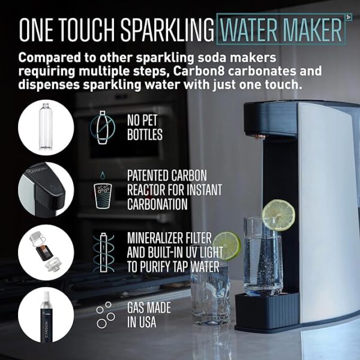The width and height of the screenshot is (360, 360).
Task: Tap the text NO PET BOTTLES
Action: point(145,127)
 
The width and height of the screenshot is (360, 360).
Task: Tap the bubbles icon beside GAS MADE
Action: point(106,313)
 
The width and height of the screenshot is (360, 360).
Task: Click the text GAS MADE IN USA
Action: point(148,313)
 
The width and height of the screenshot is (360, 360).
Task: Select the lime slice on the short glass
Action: point(227,245)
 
